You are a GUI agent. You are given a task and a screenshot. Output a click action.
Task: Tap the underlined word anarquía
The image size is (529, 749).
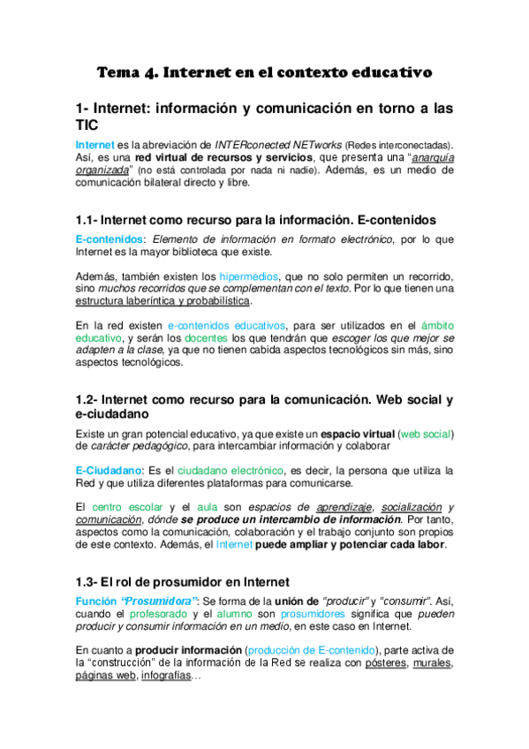[x=423, y=158]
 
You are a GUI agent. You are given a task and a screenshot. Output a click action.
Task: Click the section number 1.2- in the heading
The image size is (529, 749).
[x=88, y=399]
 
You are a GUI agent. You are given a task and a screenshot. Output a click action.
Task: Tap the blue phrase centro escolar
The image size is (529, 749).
[x=130, y=507]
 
